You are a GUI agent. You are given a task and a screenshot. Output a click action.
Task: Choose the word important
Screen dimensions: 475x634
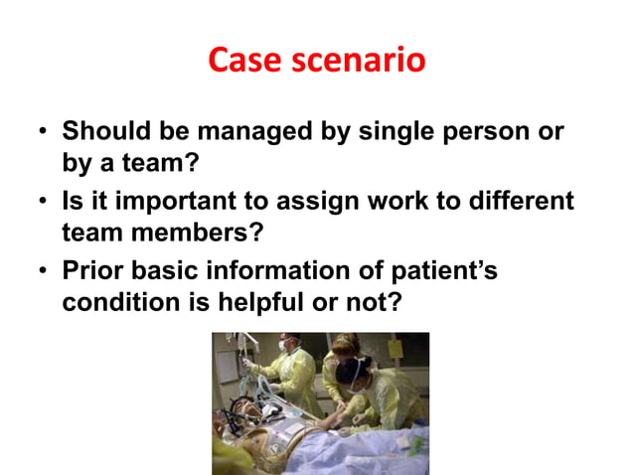pyautogui.click(x=164, y=202)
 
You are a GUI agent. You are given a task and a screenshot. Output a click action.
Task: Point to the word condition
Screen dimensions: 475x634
pyautogui.click(x=111, y=302)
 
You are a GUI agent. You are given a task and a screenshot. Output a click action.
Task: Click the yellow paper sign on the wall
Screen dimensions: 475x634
pyautogui.click(x=395, y=350)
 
